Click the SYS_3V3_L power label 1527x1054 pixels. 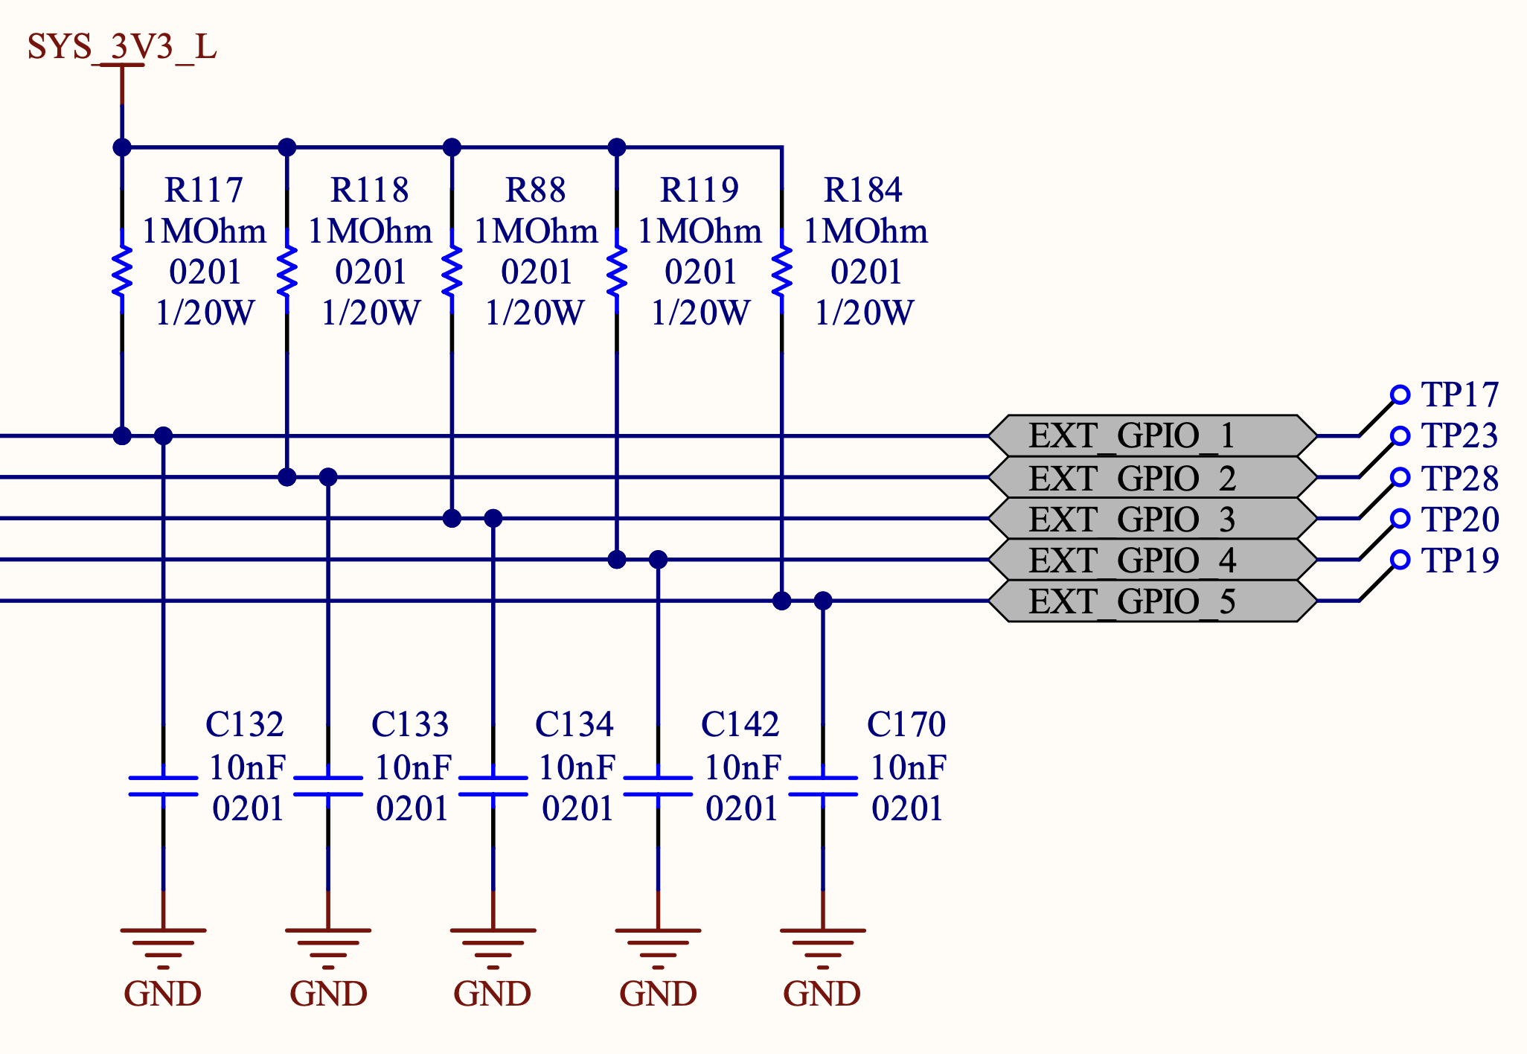pyautogui.click(x=121, y=47)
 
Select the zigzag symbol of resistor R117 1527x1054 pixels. pyautogui.click(x=122, y=272)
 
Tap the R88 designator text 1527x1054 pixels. pyautogui.click(x=535, y=190)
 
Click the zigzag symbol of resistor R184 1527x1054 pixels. pyautogui.click(x=781, y=272)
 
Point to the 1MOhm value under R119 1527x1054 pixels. pyautogui.click(x=700, y=231)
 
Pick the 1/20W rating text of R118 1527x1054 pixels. pyautogui.click(x=370, y=313)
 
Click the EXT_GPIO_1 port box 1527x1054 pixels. pyautogui.click(x=1152, y=435)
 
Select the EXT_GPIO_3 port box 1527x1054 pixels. pyautogui.click(x=1152, y=519)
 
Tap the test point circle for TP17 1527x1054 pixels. pyautogui.click(x=1400, y=395)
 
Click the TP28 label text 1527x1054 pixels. pyautogui.click(x=1459, y=479)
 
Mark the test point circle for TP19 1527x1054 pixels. pyautogui.click(x=1400, y=560)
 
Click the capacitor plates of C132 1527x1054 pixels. pyautogui.click(x=163, y=786)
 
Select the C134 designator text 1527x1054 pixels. pyautogui.click(x=574, y=724)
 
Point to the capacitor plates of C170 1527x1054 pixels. pyautogui.click(x=822, y=786)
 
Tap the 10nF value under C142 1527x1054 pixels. pyautogui.click(x=742, y=767)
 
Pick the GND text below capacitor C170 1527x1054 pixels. pyautogui.click(x=822, y=994)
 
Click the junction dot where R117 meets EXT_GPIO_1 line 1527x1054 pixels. pyautogui.click(x=122, y=435)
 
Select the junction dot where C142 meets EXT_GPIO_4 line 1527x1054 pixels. pyautogui.click(x=658, y=560)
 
